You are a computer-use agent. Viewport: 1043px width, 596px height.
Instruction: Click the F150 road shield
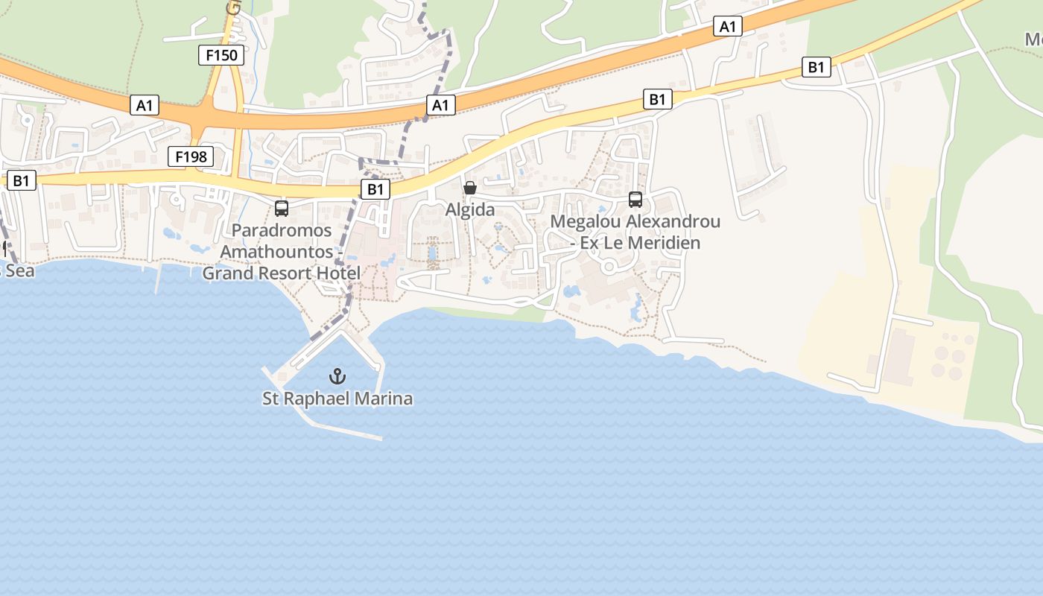[221, 54]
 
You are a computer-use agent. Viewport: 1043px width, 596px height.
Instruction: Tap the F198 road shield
[191, 156]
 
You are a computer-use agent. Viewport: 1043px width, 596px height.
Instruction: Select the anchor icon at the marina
[337, 376]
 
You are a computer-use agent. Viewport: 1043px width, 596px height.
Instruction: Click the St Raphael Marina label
[337, 399]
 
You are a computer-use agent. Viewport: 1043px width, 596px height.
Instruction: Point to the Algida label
[469, 210]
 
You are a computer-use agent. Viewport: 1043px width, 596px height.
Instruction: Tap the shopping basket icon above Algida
[470, 188]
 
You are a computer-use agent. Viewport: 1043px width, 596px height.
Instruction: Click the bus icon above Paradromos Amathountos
[282, 209]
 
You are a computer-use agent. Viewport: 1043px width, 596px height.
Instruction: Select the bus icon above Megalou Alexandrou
[635, 199]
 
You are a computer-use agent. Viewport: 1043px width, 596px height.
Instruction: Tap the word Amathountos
[276, 252]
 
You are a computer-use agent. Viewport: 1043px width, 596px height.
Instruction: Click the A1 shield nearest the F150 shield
[144, 105]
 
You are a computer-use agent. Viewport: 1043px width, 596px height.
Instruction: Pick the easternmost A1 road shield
[727, 27]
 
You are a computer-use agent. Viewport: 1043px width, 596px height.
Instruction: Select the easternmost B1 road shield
[817, 67]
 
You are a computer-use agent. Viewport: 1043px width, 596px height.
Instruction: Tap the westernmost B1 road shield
[22, 180]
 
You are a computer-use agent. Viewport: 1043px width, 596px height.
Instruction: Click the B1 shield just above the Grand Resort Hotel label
[375, 189]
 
